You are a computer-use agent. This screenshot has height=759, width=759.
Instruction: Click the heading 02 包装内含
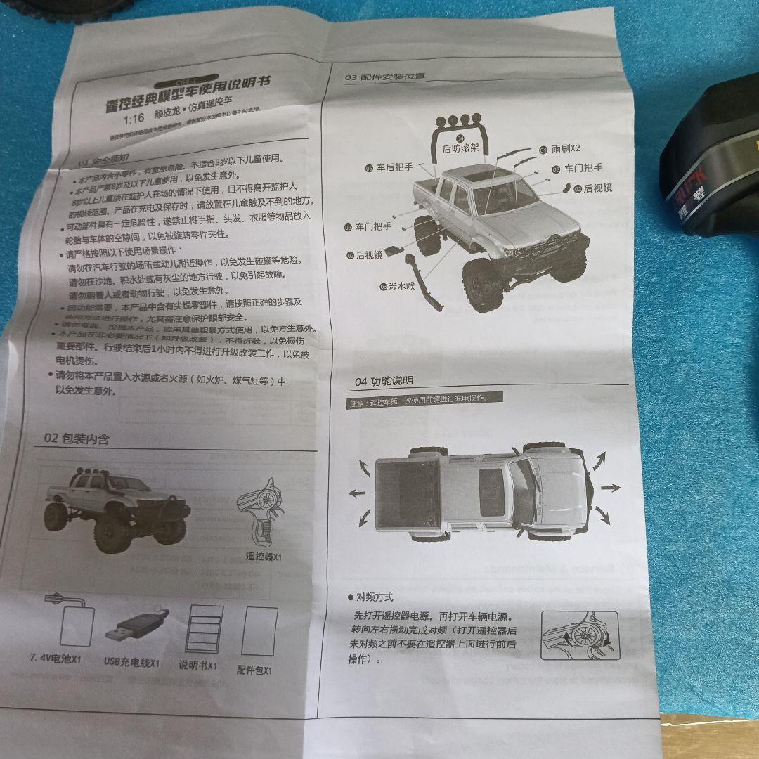77,439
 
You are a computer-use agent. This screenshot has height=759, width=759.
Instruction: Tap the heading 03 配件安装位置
384,77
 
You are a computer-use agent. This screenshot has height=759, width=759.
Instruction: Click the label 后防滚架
461,148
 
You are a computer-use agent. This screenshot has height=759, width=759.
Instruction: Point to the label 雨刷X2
565,149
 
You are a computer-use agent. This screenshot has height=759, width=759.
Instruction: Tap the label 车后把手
394,168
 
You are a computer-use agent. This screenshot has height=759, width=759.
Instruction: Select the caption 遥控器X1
264,557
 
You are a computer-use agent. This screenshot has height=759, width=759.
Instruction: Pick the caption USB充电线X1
132,662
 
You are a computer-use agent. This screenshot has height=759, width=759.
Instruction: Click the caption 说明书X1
197,665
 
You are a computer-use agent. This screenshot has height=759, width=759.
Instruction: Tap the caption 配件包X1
254,669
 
